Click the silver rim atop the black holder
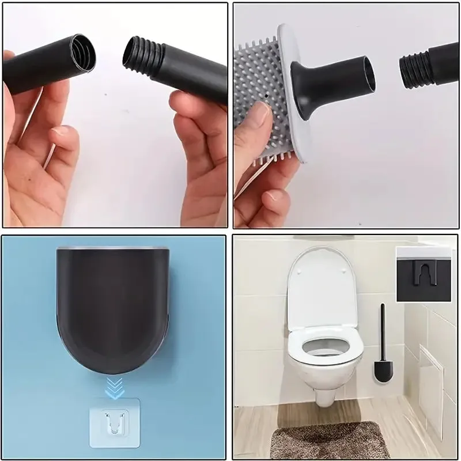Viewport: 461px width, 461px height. (113, 248)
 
